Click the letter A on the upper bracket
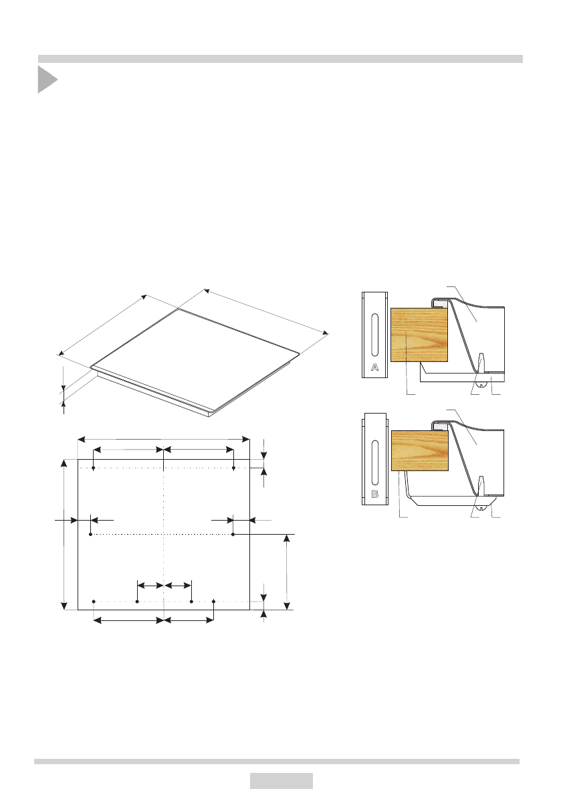pyautogui.click(x=374, y=367)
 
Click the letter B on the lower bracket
pyautogui.click(x=374, y=494)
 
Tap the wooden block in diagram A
pyautogui.click(x=419, y=335)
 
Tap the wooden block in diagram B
pyautogui.click(x=420, y=450)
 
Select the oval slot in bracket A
pyautogui.click(x=374, y=335)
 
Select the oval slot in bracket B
pyautogui.click(x=374, y=462)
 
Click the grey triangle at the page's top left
pyautogui.click(x=47, y=79)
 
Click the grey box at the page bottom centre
pyautogui.click(x=282, y=781)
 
